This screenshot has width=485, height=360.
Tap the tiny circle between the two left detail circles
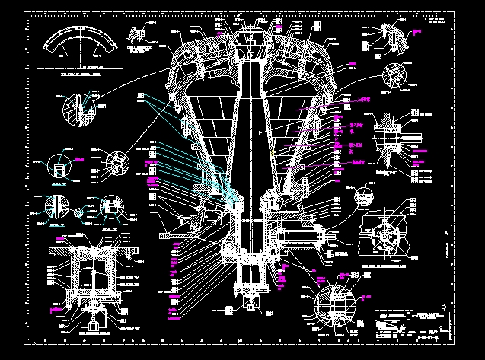click(x=78, y=211)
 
